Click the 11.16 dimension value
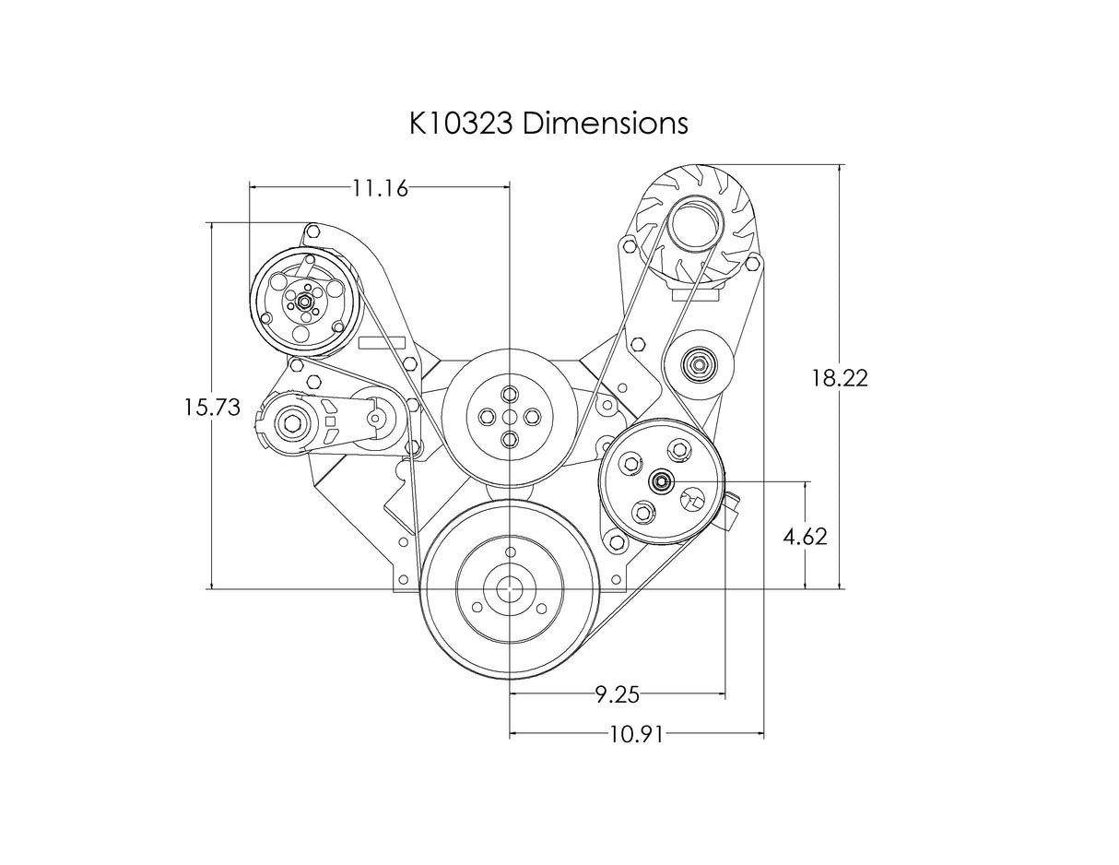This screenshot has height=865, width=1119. [380, 188]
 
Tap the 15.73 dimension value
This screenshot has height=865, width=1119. [212, 408]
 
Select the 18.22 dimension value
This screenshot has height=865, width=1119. [840, 378]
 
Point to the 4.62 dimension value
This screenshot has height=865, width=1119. [805, 538]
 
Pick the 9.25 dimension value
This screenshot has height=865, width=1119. [618, 695]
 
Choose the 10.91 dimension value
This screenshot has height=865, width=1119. [637, 735]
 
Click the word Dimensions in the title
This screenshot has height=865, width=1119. [606, 124]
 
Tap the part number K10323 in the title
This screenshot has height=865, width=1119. [461, 124]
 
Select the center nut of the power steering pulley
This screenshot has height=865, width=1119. [661, 482]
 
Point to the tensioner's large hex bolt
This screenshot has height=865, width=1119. [293, 423]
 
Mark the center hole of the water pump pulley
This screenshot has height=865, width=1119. [510, 416]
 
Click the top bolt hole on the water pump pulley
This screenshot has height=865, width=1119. [510, 394]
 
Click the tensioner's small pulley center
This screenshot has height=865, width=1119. [376, 416]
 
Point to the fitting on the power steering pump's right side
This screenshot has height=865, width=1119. [733, 512]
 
